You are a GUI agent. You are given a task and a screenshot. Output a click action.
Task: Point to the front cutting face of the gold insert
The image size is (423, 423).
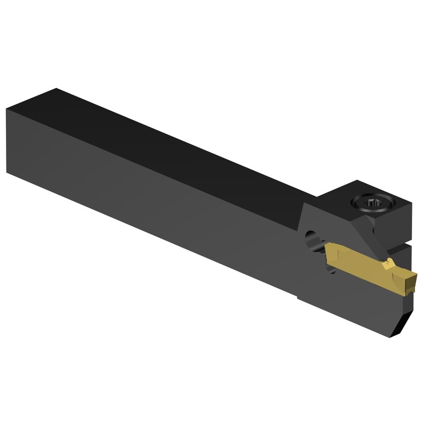coord(409,285)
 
